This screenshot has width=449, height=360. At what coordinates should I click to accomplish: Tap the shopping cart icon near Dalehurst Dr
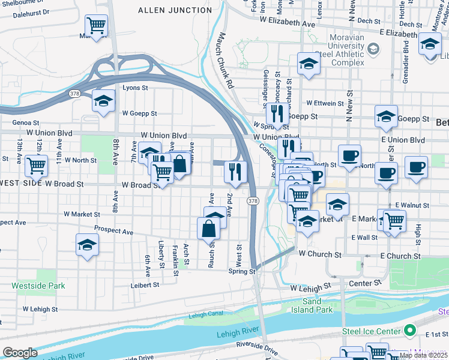point(96,26)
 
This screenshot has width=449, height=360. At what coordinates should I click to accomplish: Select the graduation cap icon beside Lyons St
point(103,101)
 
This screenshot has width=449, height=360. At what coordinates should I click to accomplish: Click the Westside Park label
point(38,286)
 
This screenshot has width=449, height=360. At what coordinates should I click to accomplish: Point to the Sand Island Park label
point(317,305)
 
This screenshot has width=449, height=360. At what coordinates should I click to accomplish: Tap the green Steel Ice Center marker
point(411,330)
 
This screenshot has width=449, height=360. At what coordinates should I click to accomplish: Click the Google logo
point(20,353)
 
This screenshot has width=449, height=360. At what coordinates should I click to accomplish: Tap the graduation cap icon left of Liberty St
point(88,245)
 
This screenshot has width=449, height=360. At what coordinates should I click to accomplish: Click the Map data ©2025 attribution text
point(423,355)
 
